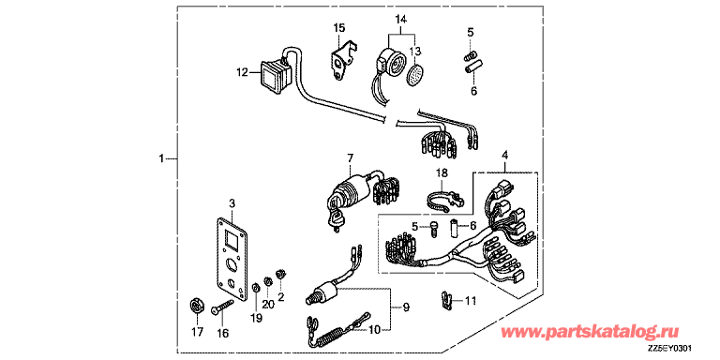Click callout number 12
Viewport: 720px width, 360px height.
(243, 72)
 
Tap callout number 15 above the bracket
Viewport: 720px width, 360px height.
(338, 28)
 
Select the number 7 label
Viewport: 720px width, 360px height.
(351, 158)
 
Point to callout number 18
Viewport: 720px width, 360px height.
(442, 172)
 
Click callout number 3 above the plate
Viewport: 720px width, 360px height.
(232, 202)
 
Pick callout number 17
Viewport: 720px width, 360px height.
(198, 333)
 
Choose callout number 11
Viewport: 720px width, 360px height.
(471, 301)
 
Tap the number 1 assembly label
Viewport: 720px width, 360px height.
(160, 158)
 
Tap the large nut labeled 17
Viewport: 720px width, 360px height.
(197, 306)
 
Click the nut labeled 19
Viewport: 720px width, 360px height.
(256, 289)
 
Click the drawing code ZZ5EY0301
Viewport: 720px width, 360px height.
(669, 349)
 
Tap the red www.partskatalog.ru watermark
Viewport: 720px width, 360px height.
(591, 331)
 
